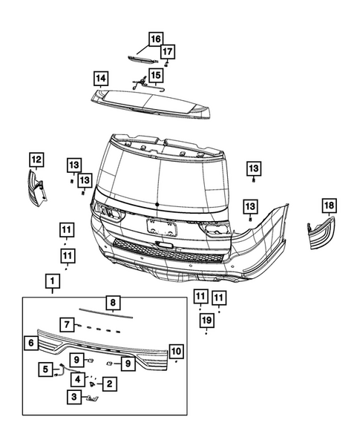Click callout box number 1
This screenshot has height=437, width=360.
(x=52, y=281)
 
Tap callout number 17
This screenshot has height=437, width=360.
(x=168, y=51)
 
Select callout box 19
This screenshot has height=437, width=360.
(x=206, y=320)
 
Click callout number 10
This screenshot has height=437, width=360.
(x=176, y=350)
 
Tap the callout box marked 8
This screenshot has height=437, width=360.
(x=111, y=303)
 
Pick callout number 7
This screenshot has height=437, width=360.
(x=67, y=324)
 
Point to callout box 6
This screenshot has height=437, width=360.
(x=30, y=343)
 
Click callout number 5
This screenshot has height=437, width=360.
(x=46, y=369)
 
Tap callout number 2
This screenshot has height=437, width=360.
(x=108, y=384)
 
